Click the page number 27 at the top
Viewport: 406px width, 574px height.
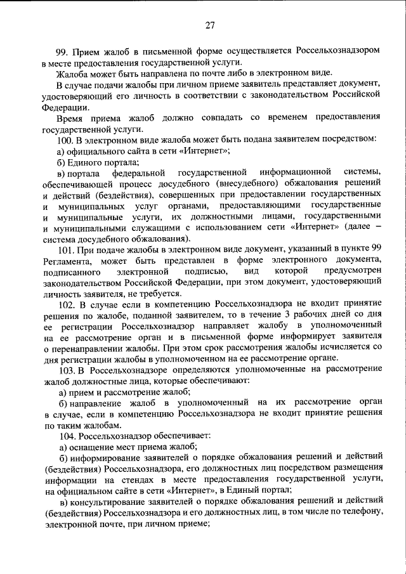pyautogui.click(x=211, y=25)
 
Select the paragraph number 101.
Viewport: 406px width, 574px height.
pyautogui.click(x=64, y=251)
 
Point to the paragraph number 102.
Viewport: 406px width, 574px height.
pyautogui.click(x=64, y=305)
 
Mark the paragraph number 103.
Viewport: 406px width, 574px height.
pyautogui.click(x=64, y=370)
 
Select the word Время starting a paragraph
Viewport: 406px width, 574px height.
pyautogui.click(x=70, y=117)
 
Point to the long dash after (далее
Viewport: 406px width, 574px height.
pyautogui.click(x=378, y=227)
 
